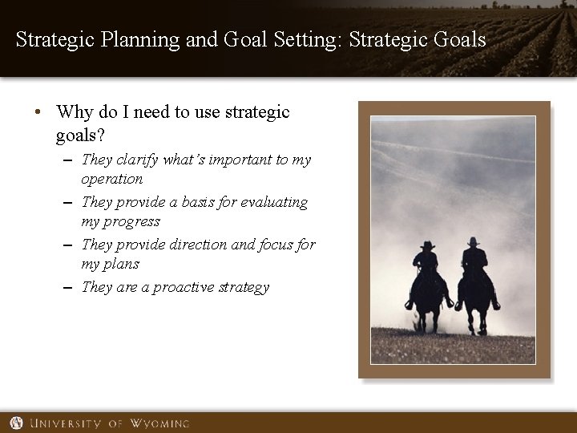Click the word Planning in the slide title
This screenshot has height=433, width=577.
[151, 39]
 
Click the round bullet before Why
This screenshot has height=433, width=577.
[39, 113]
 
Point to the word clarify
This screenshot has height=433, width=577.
[136, 160]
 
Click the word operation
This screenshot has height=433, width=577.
[112, 179]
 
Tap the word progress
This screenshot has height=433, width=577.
[132, 221]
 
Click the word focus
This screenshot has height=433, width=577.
[274, 245]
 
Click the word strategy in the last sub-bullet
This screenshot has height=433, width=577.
[242, 287]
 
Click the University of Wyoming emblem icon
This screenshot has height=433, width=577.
[17, 423]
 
